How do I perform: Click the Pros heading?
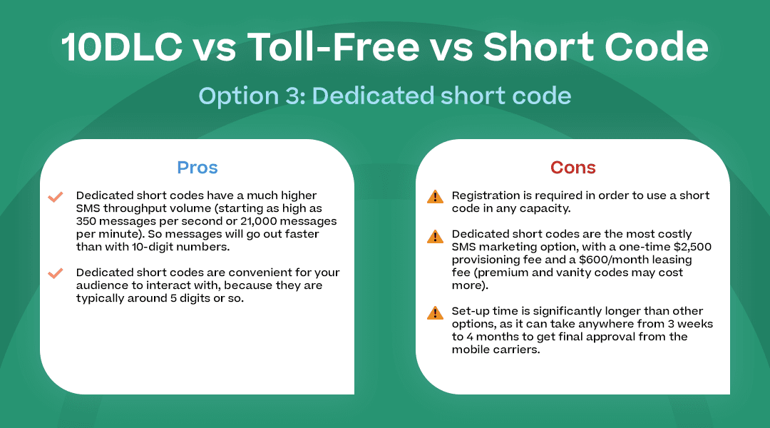[x=197, y=168]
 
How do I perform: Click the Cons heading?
[x=573, y=168]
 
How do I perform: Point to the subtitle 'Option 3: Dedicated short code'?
[x=385, y=96]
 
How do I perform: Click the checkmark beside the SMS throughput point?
[x=55, y=197]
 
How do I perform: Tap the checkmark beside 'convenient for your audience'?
[x=55, y=274]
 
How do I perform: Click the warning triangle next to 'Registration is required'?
[x=434, y=197]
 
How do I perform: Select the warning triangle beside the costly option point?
[x=434, y=235]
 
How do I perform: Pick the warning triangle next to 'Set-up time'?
[x=434, y=312]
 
